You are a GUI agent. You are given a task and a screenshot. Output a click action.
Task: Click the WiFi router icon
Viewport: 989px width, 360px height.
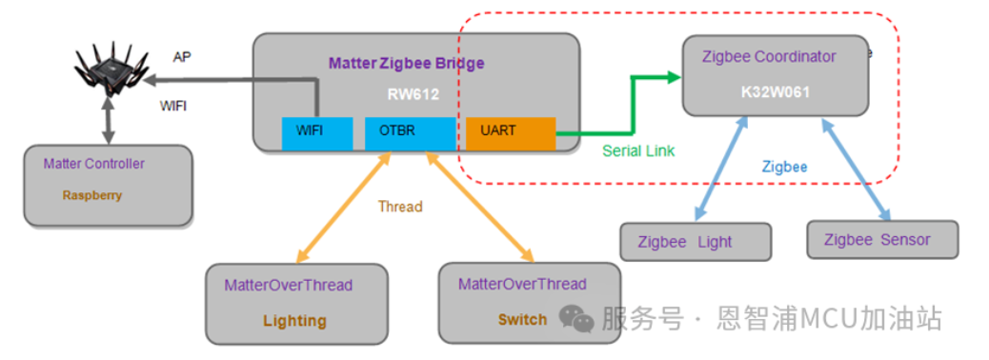point(112,69)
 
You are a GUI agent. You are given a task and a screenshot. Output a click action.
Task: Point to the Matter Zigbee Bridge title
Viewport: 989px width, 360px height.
point(406,64)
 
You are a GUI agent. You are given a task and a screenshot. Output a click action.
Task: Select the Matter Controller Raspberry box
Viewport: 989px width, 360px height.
point(108,186)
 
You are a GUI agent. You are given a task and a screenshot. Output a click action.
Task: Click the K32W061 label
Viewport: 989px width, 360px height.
point(775,94)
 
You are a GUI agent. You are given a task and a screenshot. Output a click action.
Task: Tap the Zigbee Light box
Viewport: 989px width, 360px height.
point(695,242)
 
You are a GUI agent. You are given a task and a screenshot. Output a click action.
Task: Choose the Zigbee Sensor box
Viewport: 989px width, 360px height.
point(881,240)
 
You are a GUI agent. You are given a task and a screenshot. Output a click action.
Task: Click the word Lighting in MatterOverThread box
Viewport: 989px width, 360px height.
point(294,320)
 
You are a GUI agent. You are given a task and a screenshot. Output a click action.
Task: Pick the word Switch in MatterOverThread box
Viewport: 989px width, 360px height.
point(522,319)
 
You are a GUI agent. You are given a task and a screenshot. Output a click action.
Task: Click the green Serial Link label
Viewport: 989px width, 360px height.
point(639,150)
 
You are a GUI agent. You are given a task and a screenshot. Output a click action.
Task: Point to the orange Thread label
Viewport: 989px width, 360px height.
point(400,206)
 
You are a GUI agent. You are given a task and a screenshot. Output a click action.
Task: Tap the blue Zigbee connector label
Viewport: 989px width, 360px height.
point(784,166)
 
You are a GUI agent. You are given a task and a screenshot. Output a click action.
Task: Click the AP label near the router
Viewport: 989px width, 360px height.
point(182,56)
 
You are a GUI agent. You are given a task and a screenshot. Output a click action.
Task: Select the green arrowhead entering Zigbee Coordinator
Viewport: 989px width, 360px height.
point(670,75)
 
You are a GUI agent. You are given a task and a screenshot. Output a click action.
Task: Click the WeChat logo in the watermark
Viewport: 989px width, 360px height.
point(576,319)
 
